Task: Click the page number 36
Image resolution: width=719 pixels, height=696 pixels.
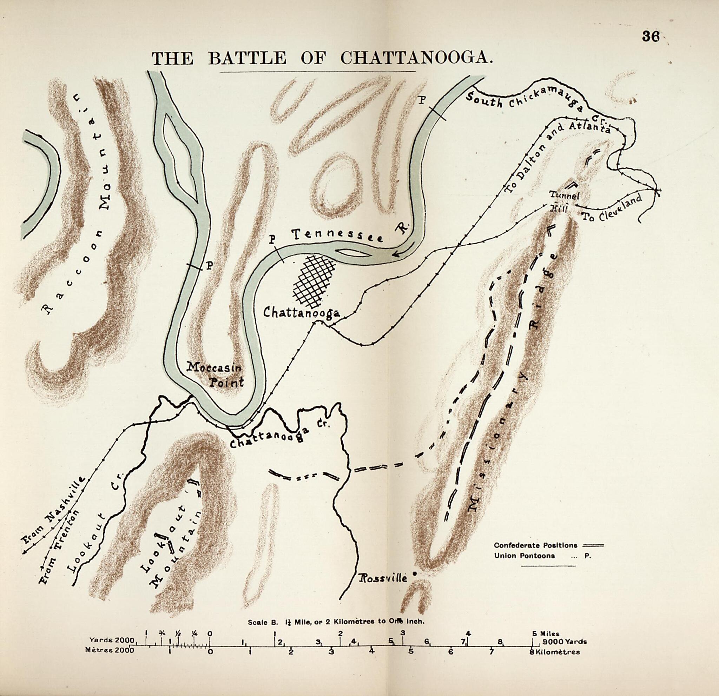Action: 651,37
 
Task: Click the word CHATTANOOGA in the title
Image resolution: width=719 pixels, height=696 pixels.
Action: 416,58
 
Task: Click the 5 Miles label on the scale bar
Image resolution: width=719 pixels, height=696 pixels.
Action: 546,633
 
